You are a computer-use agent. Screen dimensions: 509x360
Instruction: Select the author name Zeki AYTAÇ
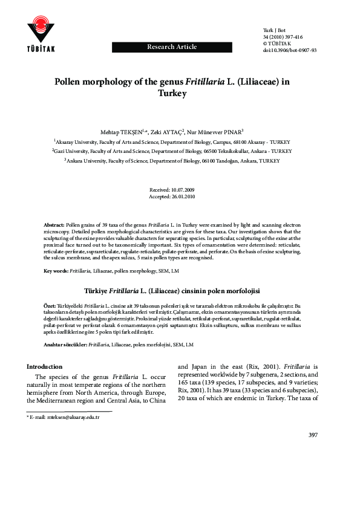pyautogui.click(x=185, y=131)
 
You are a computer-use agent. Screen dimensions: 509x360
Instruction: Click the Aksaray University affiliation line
pyautogui.click(x=180, y=140)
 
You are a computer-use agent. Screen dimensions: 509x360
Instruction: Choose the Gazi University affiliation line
pyautogui.click(x=180, y=151)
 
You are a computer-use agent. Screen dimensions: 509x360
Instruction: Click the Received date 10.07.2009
pyautogui.click(x=180, y=190)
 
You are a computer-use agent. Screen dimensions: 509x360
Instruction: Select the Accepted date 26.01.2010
pyautogui.click(x=180, y=196)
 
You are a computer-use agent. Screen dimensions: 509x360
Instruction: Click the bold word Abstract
pyautogui.click(x=56, y=224)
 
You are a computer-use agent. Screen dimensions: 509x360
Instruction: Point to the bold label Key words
pyautogui.click(x=56, y=271)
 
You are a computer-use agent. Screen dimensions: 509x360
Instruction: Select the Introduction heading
pyautogui.click(x=44, y=366)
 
